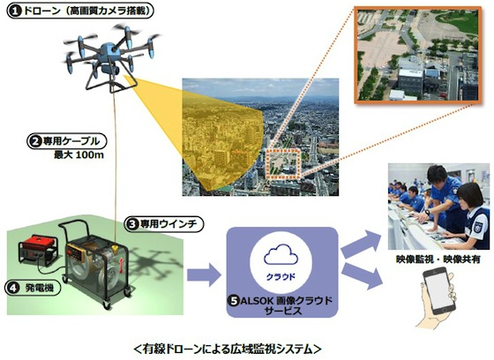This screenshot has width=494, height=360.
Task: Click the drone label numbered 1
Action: (x=80, y=11)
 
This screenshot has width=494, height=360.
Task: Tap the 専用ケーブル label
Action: (x=67, y=141)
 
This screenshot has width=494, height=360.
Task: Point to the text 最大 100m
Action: (x=79, y=155)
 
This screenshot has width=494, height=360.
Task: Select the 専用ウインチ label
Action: (x=164, y=224)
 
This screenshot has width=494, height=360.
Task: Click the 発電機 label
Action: (x=33, y=288)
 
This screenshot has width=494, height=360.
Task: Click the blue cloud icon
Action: (x=281, y=254)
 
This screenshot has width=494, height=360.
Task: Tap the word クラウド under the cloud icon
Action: (x=281, y=276)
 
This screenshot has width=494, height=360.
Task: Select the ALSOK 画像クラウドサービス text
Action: (x=281, y=305)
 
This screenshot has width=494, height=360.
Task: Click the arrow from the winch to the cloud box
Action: (x=204, y=274)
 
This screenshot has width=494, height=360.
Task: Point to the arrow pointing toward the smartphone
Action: (x=362, y=276)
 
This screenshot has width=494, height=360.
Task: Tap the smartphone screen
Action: (x=438, y=290)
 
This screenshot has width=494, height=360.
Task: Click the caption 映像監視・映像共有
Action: (x=438, y=259)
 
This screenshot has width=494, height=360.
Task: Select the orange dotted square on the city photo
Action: (x=283, y=164)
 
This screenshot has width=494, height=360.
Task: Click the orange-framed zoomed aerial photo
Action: (x=418, y=55)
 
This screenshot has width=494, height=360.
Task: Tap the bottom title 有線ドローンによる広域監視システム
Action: (x=228, y=349)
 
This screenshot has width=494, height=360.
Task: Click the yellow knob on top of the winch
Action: (x=115, y=249)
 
